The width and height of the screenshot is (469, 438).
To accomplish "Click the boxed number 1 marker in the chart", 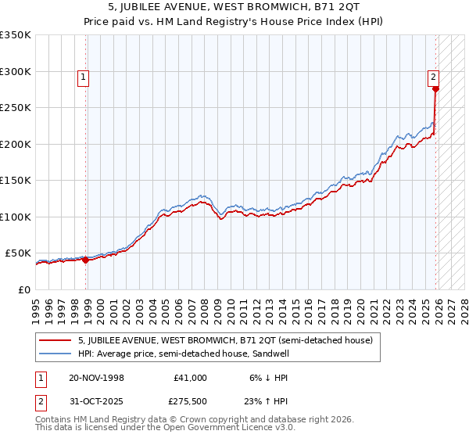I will point(83,77).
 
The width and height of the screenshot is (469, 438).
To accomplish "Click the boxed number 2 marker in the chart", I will point(432,77).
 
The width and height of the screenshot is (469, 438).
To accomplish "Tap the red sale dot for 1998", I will point(85,260).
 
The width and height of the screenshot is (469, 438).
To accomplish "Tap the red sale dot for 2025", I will point(435,89).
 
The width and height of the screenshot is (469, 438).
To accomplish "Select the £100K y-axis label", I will point(16,217).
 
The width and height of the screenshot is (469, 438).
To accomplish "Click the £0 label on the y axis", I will point(25,289).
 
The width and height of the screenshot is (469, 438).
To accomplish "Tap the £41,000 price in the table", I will point(190,378).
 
